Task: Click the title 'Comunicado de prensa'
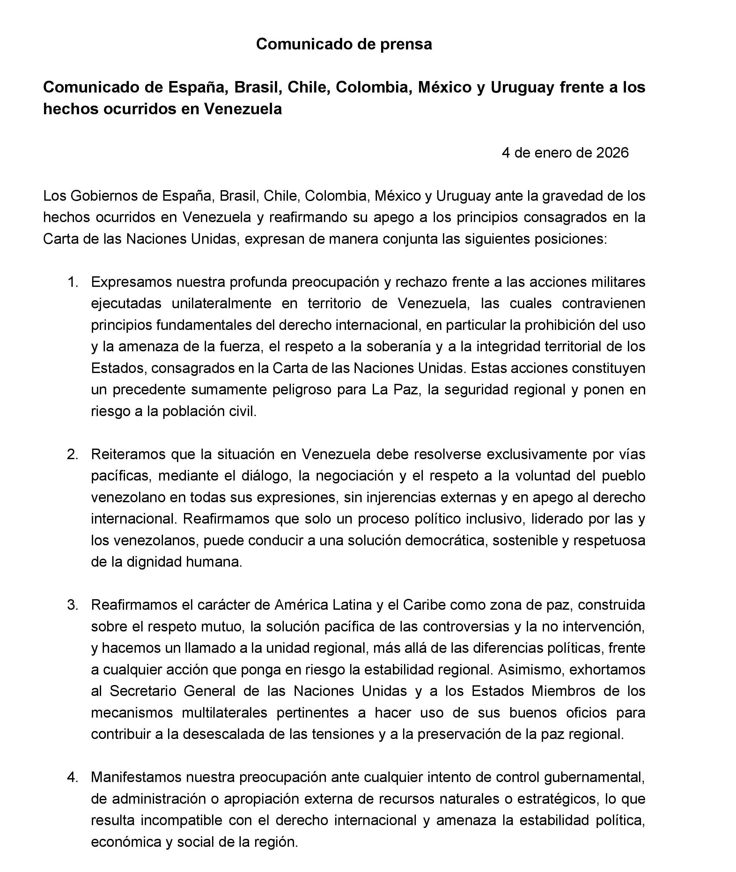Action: click(344, 44)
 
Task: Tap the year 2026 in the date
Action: click(612, 153)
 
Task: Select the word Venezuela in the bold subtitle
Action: click(243, 109)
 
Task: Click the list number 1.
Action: click(73, 282)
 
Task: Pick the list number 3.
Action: click(73, 605)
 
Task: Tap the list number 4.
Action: click(73, 777)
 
